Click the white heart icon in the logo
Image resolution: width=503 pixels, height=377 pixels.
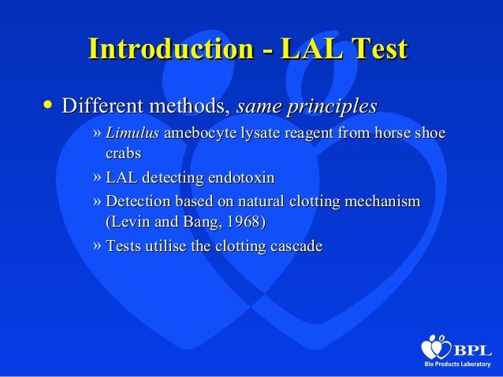pyautogui.click(x=435, y=347)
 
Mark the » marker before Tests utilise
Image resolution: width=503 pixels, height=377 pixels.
pyautogui.click(x=97, y=246)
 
